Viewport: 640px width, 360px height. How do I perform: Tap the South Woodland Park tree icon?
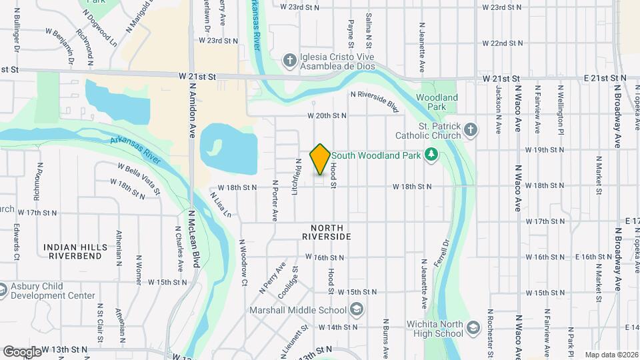pyautogui.click(x=431, y=155)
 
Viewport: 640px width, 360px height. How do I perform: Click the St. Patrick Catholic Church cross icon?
pyautogui.click(x=471, y=130)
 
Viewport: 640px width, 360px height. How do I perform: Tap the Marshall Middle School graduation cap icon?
pyautogui.click(x=357, y=309)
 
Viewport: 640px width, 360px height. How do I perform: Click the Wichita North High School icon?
pyautogui.click(x=473, y=328)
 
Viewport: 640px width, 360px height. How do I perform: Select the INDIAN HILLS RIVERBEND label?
pyautogui.click(x=75, y=251)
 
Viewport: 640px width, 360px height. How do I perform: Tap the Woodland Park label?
pyautogui.click(x=437, y=102)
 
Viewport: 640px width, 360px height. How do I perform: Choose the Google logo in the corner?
pyautogui.click(x=22, y=351)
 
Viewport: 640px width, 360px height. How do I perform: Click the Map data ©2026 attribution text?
pyautogui.click(x=611, y=355)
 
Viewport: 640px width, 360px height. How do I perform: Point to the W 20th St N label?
pyautogui.click(x=327, y=115)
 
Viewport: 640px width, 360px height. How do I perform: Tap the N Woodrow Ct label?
pyautogui.click(x=243, y=263)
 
